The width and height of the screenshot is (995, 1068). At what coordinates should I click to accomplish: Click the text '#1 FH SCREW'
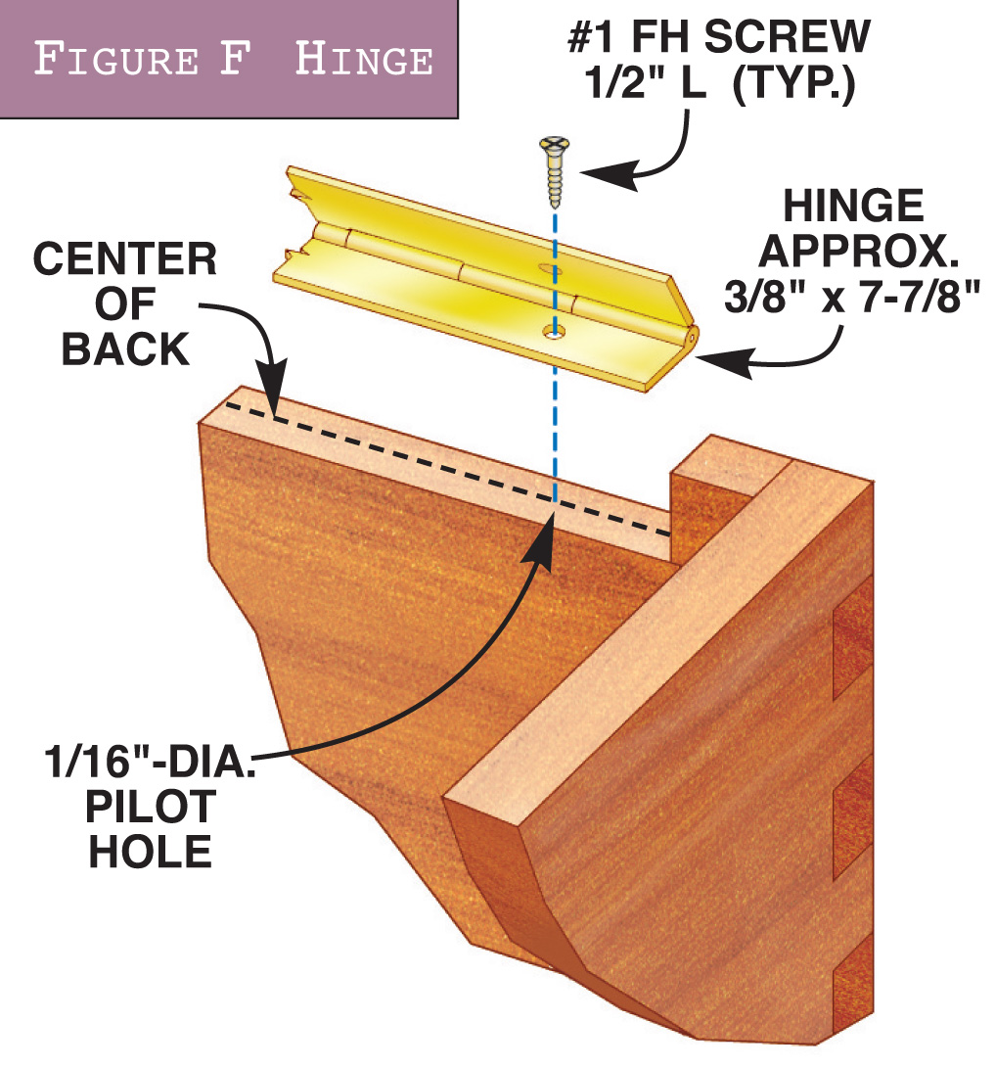pyautogui.click(x=719, y=37)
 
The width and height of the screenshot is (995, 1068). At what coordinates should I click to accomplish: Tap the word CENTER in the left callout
pyautogui.click(x=125, y=260)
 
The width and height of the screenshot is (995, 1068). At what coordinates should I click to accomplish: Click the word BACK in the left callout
pyautogui.click(x=125, y=348)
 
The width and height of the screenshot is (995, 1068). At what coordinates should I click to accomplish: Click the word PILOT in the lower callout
pyautogui.click(x=151, y=807)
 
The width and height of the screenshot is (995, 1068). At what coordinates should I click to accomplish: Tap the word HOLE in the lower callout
pyautogui.click(x=151, y=852)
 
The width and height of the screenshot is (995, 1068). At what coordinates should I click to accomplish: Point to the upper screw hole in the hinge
pyautogui.click(x=543, y=267)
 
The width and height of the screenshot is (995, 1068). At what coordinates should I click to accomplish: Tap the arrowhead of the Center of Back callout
pyautogui.click(x=275, y=391)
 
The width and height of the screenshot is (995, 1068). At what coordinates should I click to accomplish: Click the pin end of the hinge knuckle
pyautogui.click(x=691, y=333)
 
